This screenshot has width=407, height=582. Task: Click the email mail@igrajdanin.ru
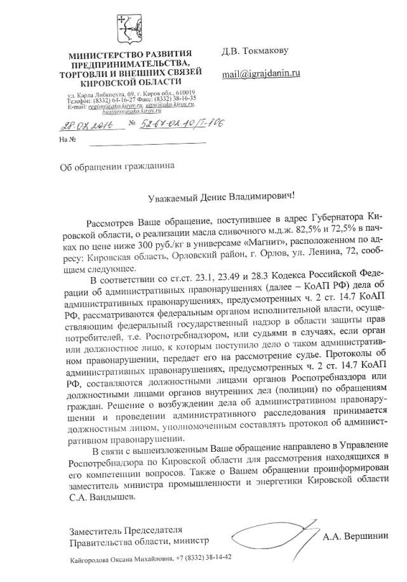(x=260, y=74)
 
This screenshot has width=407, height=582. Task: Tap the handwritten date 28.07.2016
(x=83, y=123)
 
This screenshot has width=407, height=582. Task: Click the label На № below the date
(x=67, y=139)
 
